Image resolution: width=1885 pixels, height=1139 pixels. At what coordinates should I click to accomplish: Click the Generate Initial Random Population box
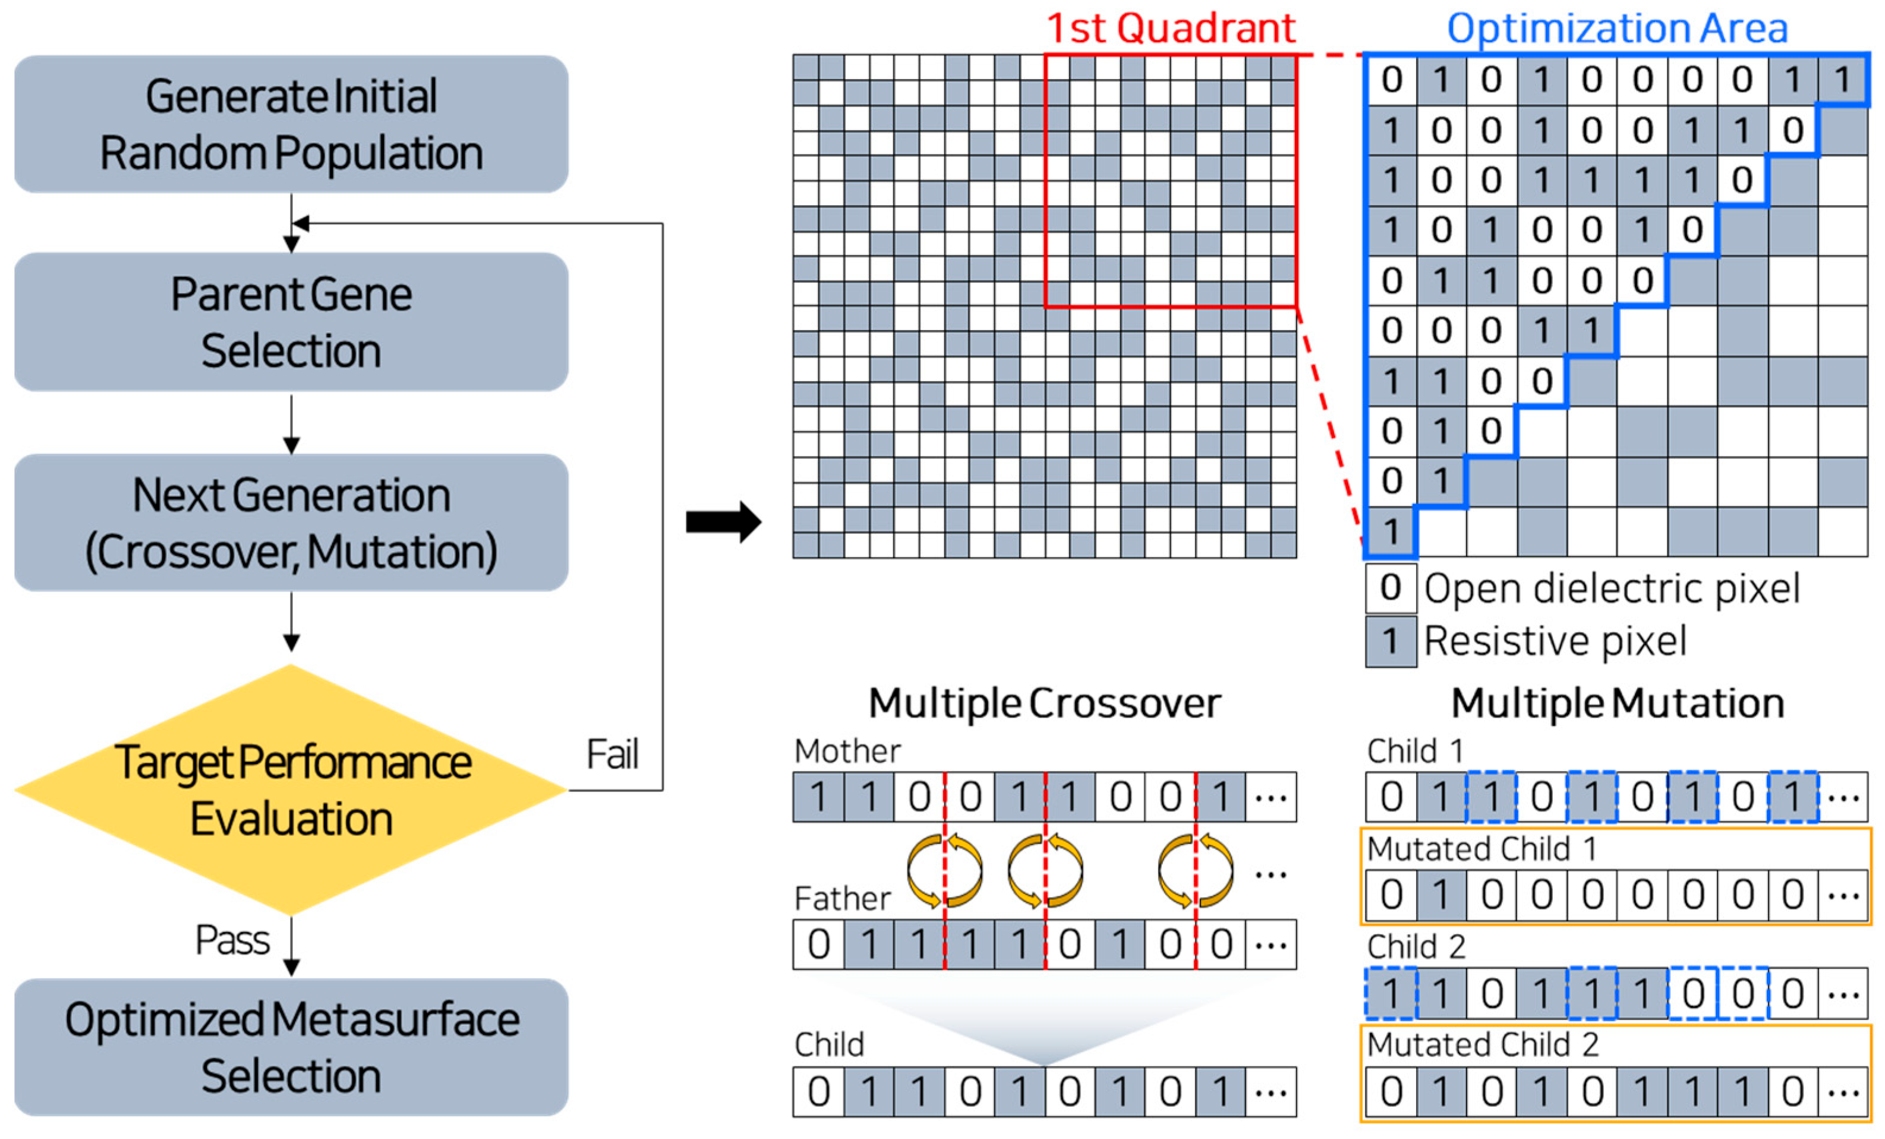pos(291,124)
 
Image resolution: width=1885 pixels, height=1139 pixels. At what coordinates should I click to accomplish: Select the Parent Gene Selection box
pos(291,322)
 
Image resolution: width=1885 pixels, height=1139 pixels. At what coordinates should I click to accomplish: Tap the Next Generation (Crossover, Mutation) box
pos(291,523)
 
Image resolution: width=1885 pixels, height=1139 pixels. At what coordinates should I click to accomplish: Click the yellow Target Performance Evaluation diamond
pos(291,790)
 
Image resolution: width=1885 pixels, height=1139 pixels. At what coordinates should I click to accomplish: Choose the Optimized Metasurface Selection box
pos(291,1046)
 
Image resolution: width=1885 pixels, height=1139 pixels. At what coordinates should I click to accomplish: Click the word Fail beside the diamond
pos(612,755)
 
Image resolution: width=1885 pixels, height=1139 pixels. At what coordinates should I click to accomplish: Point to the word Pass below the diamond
pos(232,940)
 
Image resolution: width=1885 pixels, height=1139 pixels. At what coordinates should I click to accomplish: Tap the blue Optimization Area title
pos(1616,29)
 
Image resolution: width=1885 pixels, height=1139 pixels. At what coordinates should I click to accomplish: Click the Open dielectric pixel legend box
pos(1391,588)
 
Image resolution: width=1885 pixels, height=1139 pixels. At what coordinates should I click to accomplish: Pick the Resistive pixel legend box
pos(1391,641)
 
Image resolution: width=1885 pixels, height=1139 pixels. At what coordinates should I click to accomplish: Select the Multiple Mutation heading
pos(1617,703)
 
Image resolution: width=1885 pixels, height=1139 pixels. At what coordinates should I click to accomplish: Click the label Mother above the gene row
pos(847,751)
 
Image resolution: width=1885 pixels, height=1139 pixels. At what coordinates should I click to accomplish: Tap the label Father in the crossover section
pos(842,898)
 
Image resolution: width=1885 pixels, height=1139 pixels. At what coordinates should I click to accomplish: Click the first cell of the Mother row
pos(818,797)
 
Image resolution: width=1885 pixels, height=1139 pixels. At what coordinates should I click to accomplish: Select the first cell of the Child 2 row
pos(1391,993)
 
